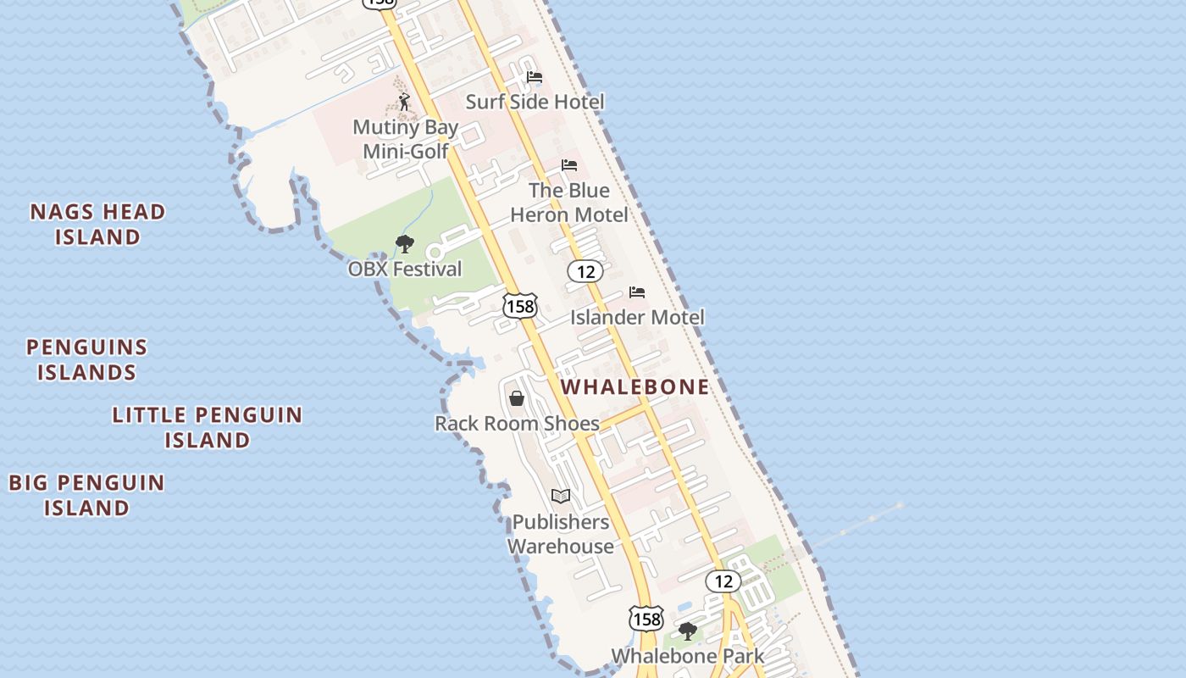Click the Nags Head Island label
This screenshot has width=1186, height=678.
click(x=97, y=224)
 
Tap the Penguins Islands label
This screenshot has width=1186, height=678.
click(x=86, y=359)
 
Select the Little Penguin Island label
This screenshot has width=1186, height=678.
click(x=208, y=427)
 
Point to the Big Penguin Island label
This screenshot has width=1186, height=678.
click(x=86, y=495)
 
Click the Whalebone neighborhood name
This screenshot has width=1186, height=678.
click(x=635, y=387)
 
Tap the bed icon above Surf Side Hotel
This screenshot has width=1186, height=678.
click(x=535, y=77)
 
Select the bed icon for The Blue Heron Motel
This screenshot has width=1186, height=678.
click(x=569, y=165)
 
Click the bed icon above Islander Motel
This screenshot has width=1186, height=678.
click(x=637, y=292)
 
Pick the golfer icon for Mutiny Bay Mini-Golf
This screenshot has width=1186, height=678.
click(x=404, y=103)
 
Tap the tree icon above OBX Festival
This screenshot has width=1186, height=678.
click(x=405, y=245)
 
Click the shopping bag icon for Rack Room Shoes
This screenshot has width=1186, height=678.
click(x=517, y=398)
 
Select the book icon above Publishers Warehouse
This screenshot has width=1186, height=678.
click(x=560, y=497)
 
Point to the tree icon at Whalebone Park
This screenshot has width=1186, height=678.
click(x=687, y=631)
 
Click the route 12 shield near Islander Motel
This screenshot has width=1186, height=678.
click(x=585, y=271)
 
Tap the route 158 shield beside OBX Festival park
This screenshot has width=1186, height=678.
click(x=519, y=306)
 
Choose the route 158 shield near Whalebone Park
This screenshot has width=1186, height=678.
click(x=646, y=619)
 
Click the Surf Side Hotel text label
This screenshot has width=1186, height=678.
click(x=535, y=102)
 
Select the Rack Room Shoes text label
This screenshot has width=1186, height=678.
click(x=517, y=423)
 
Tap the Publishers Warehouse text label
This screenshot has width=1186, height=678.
click(x=560, y=534)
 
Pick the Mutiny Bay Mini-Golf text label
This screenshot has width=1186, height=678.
click(x=405, y=139)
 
